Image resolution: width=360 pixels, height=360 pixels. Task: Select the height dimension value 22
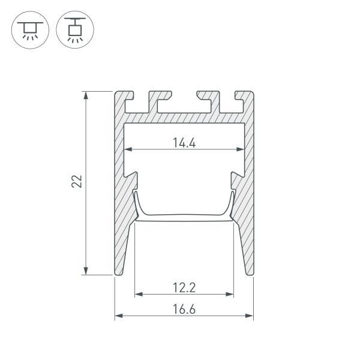pos(77,182)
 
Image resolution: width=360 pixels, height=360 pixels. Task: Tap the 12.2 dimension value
pos(184,287)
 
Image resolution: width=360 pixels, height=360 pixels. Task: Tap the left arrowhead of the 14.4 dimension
pos(127,149)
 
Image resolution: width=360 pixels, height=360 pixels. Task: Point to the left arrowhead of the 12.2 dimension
pos(138,295)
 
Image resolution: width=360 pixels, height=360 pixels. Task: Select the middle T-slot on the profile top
pos(184,104)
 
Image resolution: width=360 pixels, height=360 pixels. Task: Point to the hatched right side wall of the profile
pos(249,198)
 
